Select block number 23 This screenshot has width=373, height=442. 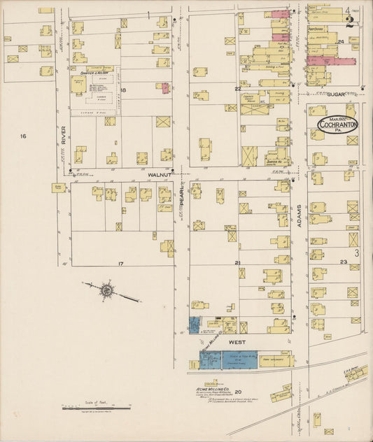[x=344, y=262]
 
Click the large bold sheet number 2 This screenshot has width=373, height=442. [x=349, y=22]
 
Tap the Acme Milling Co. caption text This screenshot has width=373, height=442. [x=211, y=382]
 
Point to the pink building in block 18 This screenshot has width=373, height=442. [x=165, y=87]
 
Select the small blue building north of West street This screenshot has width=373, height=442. [x=194, y=324]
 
